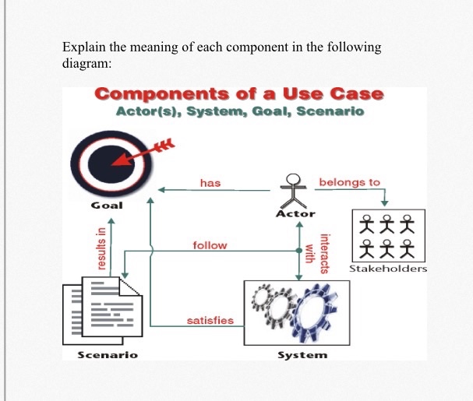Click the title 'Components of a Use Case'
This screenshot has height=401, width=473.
click(238, 94)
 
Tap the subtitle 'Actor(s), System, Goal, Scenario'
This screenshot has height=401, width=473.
click(239, 111)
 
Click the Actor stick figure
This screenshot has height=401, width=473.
click(293, 189)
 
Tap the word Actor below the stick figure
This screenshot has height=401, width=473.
click(296, 213)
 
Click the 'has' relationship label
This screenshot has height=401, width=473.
click(210, 183)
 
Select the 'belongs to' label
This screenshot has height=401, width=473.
click(350, 182)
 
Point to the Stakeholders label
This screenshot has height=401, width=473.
click(388, 269)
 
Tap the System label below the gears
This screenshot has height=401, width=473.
click(302, 354)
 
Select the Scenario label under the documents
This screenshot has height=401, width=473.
click(107, 354)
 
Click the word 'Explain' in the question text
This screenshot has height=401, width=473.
click(83, 47)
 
